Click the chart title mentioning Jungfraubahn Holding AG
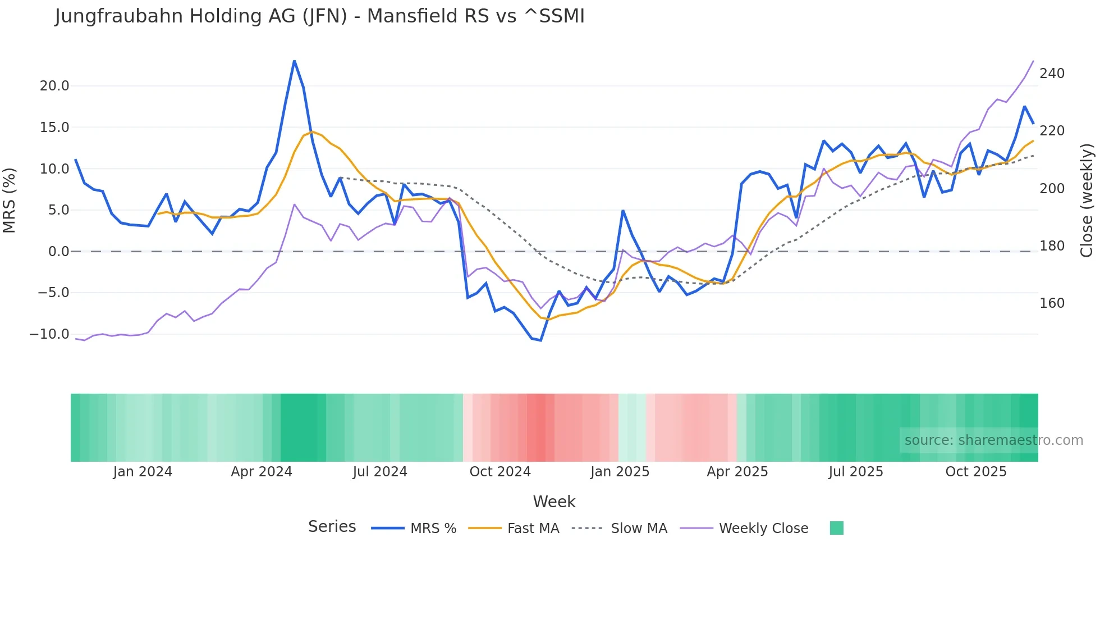319,16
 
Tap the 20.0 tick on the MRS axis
54,86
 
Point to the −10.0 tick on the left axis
49,334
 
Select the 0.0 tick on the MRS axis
58,252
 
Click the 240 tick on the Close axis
1052,74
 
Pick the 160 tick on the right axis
1052,303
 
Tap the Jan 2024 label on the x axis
143,472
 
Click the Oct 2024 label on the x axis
500,472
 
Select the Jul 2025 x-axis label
856,472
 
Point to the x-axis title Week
554,502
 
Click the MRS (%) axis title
10,200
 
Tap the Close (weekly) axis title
1087,200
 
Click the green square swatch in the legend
836,528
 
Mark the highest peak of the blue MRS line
294,61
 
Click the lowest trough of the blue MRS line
540,340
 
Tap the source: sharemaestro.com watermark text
993,440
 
